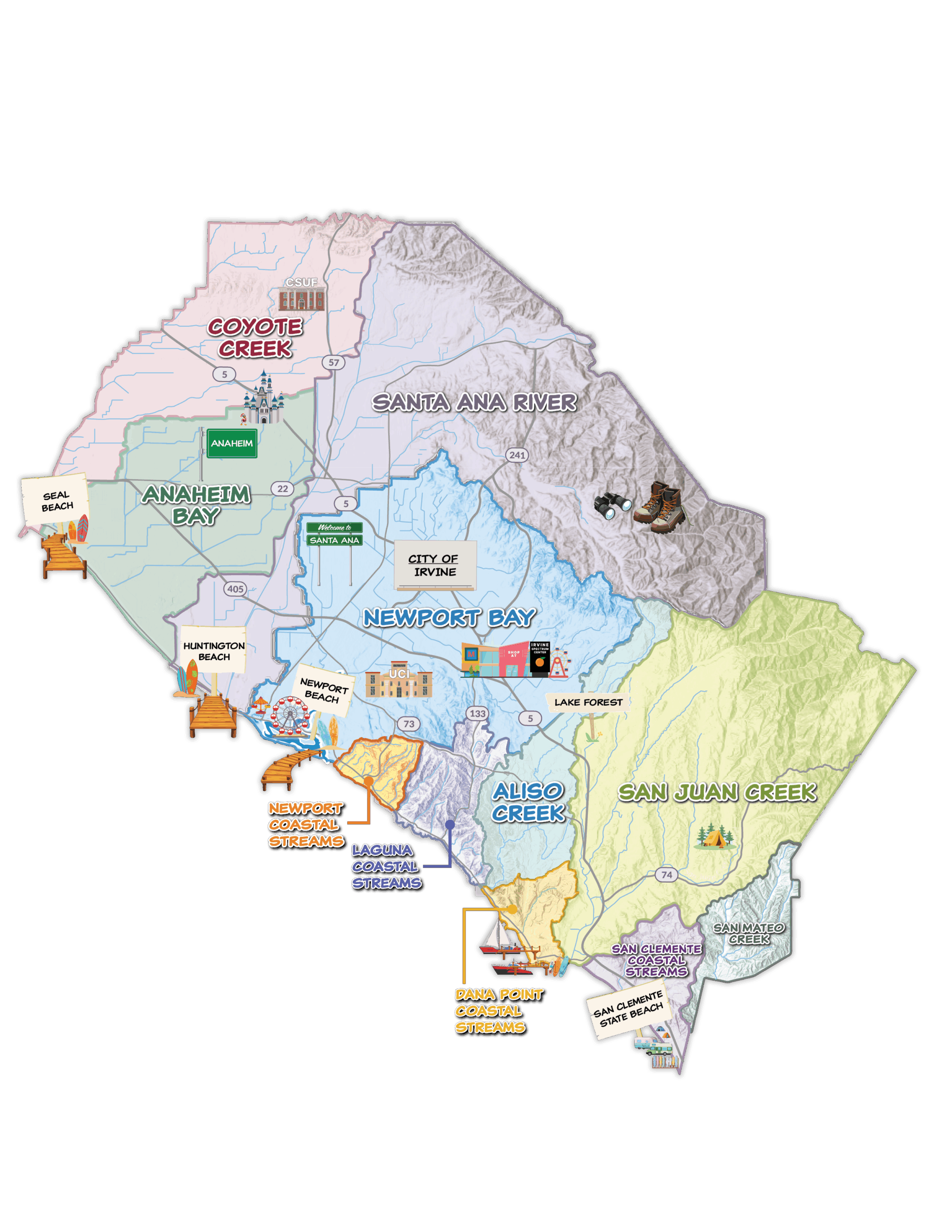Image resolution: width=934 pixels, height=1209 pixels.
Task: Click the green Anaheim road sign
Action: [x=232, y=443]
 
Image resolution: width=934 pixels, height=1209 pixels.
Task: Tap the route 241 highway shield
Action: [x=517, y=455]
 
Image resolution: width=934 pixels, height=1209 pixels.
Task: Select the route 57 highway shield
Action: [x=333, y=363]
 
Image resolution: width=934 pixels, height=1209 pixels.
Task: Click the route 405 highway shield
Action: [x=235, y=589]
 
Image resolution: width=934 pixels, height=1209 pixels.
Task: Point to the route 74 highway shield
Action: [x=667, y=875]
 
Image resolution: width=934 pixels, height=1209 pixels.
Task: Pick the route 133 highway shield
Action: [x=477, y=714]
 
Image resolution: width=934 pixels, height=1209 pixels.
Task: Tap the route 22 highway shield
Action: [x=282, y=488]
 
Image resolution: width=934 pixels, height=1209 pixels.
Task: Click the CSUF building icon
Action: [x=301, y=299]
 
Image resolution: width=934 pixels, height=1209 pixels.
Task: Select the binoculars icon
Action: [x=612, y=504]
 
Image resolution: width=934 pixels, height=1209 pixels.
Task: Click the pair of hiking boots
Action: [x=659, y=507]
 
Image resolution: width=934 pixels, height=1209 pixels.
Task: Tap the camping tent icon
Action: [x=715, y=837]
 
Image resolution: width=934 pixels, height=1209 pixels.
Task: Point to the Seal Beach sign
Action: [x=55, y=501]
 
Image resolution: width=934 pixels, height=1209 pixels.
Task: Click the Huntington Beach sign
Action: [x=214, y=651]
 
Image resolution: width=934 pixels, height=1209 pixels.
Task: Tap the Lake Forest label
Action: [x=588, y=702]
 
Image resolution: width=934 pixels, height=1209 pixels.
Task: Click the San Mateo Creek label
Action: [x=748, y=933]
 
